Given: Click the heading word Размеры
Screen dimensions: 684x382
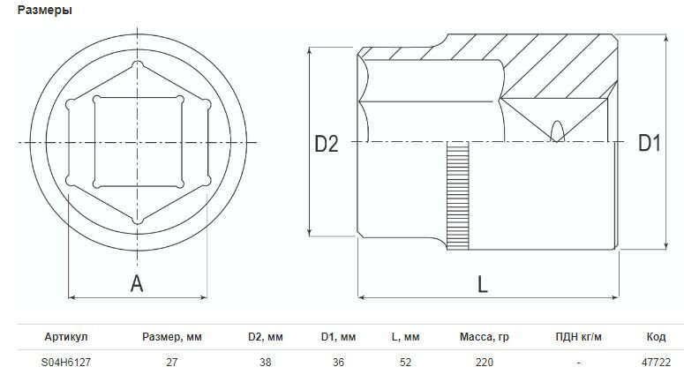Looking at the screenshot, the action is [44, 10].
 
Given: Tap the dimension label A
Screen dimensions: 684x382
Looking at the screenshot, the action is [137, 283].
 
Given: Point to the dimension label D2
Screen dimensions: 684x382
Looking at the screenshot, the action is [327, 144].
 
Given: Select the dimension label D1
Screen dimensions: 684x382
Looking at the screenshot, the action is [650, 143].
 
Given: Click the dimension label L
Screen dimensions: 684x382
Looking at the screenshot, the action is [482, 284].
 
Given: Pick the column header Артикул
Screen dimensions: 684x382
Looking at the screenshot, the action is [66, 337].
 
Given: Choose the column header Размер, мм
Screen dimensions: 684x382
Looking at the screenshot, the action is [172, 337].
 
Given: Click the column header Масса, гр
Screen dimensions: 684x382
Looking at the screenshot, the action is [485, 337].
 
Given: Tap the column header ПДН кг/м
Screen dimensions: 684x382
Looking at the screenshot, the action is [578, 337].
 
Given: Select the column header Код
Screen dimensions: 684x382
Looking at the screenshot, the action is [656, 337].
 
